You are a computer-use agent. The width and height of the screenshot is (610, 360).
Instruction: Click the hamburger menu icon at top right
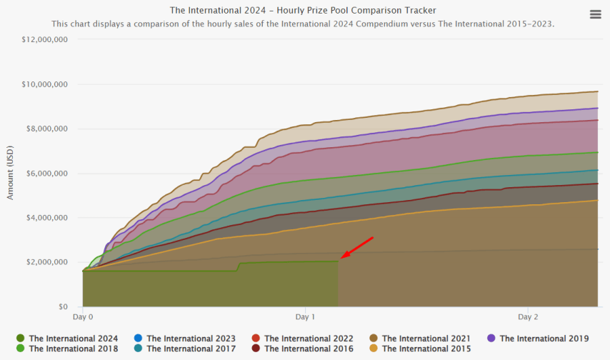pyautogui.click(x=595, y=14)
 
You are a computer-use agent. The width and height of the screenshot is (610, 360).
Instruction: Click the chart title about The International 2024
pyautogui.click(x=303, y=11)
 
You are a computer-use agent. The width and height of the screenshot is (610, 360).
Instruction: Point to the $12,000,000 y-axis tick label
pyautogui.click(x=45, y=40)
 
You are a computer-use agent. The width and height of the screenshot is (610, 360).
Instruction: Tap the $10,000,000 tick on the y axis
pyautogui.click(x=45, y=84)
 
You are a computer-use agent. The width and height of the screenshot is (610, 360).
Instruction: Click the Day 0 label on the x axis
pyautogui.click(x=83, y=316)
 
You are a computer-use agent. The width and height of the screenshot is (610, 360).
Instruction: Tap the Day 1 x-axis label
pyautogui.click(x=305, y=316)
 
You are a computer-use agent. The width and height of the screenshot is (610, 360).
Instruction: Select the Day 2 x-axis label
pyautogui.click(x=527, y=316)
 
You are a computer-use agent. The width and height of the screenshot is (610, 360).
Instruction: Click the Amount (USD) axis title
pyautogui.click(x=10, y=173)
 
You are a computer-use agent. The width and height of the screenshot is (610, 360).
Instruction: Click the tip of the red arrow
pyautogui.click(x=341, y=258)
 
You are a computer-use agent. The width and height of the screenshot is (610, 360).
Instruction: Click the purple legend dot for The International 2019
pyautogui.click(x=491, y=338)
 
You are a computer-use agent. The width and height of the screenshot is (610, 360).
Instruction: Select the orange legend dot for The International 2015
pyautogui.click(x=374, y=349)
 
